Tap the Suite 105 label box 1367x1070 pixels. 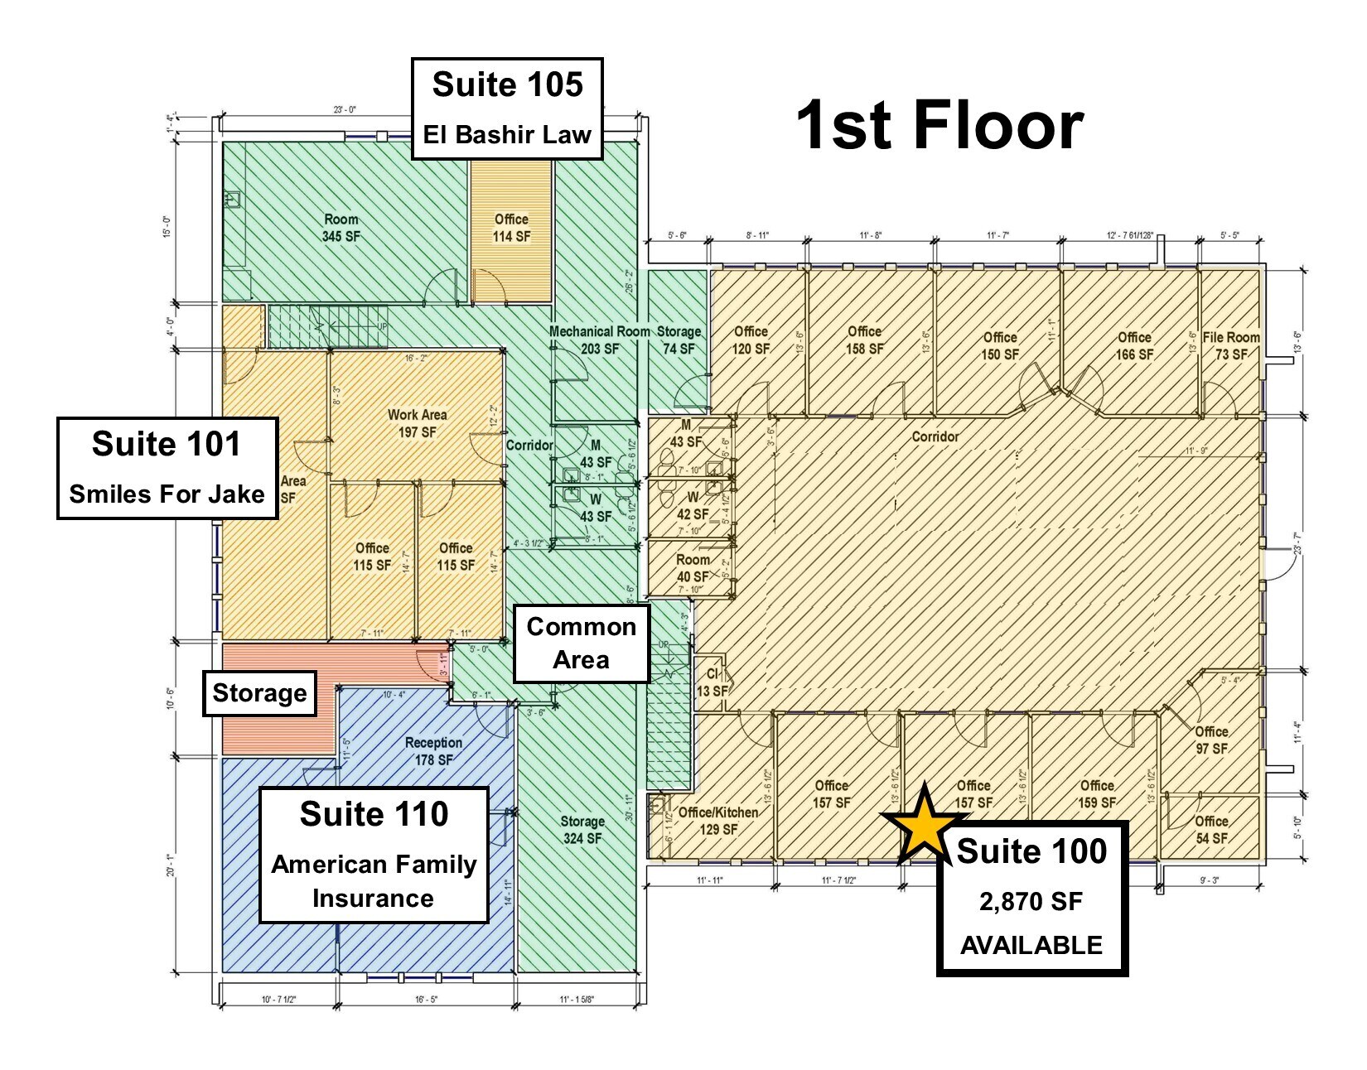click(507, 108)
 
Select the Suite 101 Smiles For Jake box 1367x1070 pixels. click(167, 468)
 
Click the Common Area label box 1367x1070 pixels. click(581, 643)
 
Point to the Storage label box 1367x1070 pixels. click(259, 693)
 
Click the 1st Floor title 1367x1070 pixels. click(939, 125)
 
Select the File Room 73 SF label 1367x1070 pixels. click(1231, 345)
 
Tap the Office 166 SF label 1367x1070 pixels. click(1134, 345)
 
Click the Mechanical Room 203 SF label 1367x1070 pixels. click(600, 340)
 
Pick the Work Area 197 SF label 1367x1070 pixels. click(417, 423)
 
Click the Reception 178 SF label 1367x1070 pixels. click(433, 751)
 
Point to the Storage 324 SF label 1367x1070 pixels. click(582, 829)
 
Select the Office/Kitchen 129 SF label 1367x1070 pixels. click(717, 821)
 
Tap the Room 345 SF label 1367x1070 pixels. click(341, 228)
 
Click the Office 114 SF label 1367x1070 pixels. click(511, 228)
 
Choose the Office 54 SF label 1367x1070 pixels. click(1211, 829)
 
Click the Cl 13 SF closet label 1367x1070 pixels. click(712, 682)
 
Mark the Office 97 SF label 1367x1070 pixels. click(1211, 740)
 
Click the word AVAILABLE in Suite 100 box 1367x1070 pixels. click(1031, 945)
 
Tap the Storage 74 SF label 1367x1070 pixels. click(679, 340)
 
